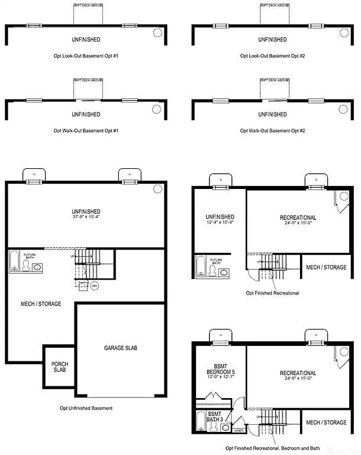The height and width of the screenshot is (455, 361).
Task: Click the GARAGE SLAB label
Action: (120, 348)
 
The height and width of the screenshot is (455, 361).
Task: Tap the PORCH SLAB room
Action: (59, 367)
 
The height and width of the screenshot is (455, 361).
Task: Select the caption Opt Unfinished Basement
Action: (86, 408)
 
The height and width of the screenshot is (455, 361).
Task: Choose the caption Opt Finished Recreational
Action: (273, 293)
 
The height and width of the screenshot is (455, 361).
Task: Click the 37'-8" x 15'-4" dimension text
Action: (86, 217)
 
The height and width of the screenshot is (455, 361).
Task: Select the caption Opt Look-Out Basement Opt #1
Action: (86, 56)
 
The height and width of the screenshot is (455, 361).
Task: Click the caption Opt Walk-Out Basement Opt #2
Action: (273, 130)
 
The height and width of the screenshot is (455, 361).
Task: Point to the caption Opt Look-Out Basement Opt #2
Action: (273, 56)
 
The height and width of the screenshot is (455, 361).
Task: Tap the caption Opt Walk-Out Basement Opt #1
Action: (86, 130)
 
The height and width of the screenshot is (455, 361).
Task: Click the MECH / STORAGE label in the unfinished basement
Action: (41, 304)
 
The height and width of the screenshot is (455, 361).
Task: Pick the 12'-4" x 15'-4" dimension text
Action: (220, 223)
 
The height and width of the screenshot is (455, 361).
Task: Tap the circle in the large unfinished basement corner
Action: (157, 188)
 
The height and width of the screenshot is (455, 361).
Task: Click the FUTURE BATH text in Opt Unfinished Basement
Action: (30, 256)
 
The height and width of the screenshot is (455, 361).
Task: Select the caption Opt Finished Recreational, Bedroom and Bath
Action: (273, 448)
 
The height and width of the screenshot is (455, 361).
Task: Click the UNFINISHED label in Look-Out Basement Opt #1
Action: (86, 40)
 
